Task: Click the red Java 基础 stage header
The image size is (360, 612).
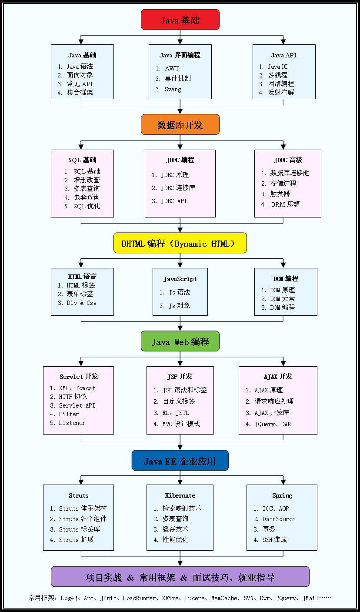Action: pos(180,20)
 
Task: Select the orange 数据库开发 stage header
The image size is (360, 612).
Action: pos(180,125)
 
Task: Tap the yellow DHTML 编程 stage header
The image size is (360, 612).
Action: pos(180,243)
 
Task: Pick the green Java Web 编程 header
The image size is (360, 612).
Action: pos(180,342)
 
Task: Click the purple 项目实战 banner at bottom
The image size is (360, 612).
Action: pos(180,577)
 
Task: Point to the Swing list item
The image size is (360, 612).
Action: pos(173,90)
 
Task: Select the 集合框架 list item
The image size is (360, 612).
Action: pos(80,92)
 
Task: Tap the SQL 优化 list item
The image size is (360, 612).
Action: pos(87,206)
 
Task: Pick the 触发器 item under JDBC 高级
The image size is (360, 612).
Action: pos(280,194)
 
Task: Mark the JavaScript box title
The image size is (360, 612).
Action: pos(180,279)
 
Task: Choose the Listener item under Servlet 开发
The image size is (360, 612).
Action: pos(72,423)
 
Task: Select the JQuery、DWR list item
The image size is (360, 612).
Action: pos(273,424)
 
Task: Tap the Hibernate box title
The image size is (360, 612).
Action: pos(180,495)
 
